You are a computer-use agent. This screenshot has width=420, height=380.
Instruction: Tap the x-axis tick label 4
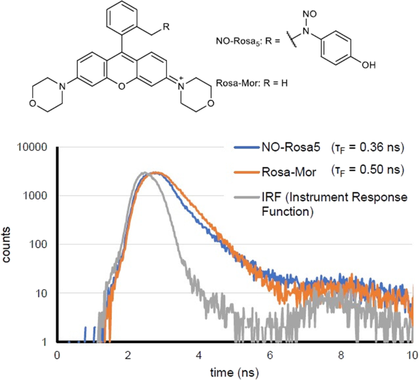click(x=199, y=354)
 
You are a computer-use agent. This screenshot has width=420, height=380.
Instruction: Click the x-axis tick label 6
click(x=270, y=354)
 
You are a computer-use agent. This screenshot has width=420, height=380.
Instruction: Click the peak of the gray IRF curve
click(x=143, y=173)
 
